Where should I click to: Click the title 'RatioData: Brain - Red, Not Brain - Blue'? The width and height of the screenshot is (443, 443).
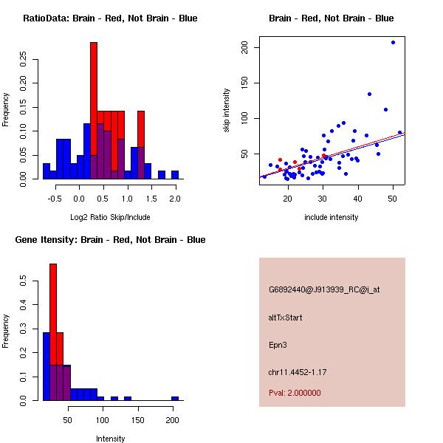tap(110, 18)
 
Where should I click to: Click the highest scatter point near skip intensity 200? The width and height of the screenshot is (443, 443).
tap(393, 42)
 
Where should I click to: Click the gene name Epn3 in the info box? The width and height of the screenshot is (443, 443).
tap(278, 344)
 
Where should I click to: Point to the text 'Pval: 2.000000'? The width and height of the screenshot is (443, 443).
tap(295, 393)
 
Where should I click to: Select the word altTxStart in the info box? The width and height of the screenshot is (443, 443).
tap(286, 317)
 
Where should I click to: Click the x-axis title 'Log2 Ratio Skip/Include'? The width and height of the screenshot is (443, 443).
tap(110, 217)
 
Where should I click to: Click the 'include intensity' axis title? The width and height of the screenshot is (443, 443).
tap(332, 217)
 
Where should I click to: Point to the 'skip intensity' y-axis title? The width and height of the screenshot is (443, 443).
tap(227, 111)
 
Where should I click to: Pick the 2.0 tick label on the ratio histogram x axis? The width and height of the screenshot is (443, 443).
tap(175, 199)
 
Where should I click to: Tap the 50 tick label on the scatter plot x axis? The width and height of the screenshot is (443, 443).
tap(393, 199)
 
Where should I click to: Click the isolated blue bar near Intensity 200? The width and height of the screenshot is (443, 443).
tap(175, 398)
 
